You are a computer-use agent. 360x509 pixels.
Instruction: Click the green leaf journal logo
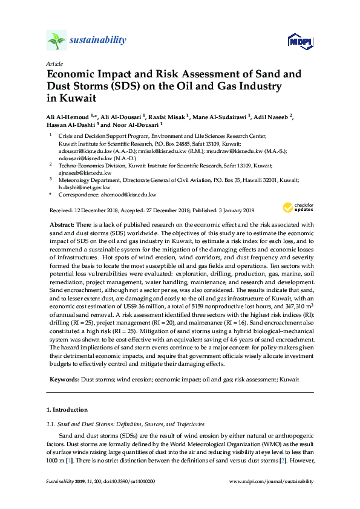pyautogui.click(x=56, y=41)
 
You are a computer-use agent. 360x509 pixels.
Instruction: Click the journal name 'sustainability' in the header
pyautogui.click(x=97, y=41)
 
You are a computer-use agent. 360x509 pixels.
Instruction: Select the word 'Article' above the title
pyautogui.click(x=54, y=63)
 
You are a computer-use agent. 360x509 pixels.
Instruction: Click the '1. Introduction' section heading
pyautogui.click(x=67, y=409)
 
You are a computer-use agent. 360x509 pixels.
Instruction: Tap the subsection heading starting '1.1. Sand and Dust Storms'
pyautogui.click(x=128, y=424)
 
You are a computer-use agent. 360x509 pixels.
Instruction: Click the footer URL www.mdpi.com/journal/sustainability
pyautogui.click(x=272, y=481)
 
